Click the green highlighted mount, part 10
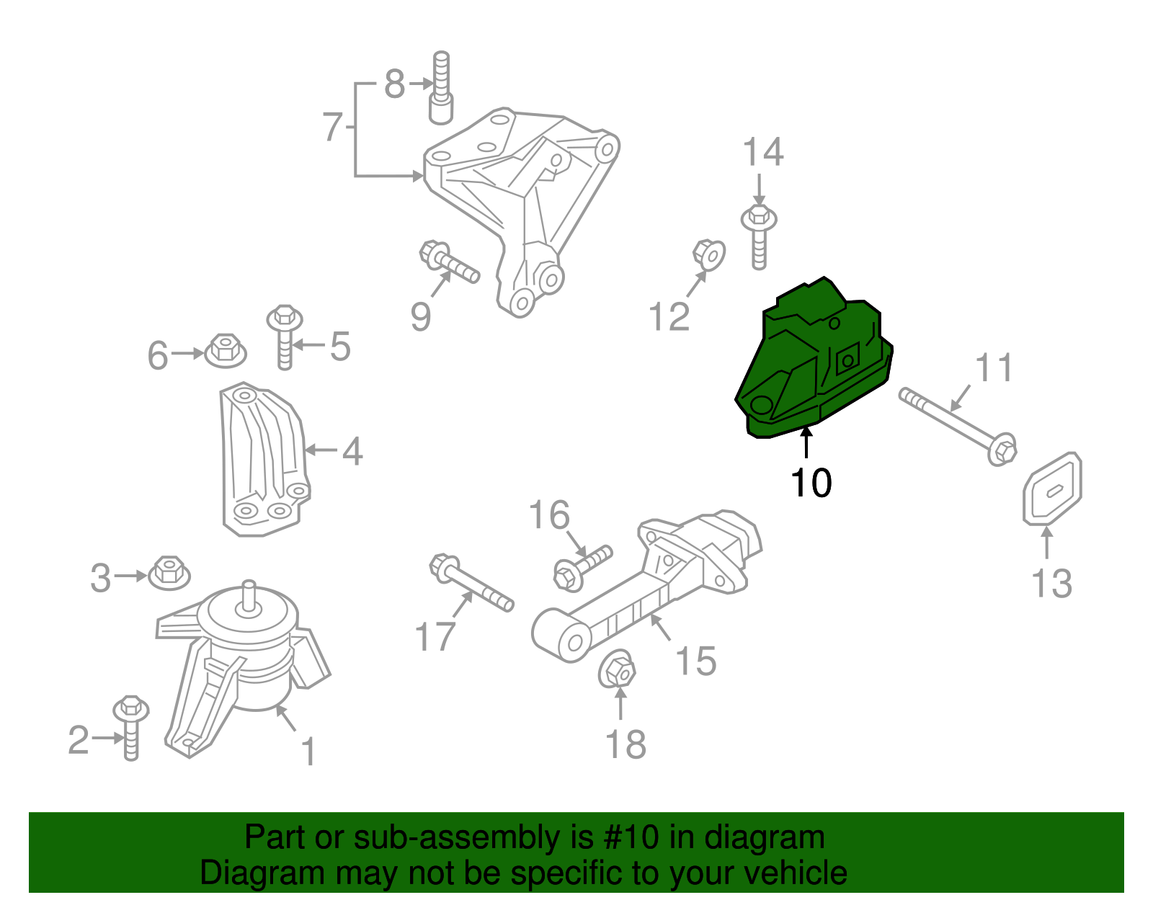[x=814, y=360]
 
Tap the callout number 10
[x=811, y=483]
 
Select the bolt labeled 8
[x=441, y=90]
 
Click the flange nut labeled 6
[x=226, y=352]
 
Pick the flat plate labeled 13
[x=1052, y=489]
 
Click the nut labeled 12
[x=709, y=254]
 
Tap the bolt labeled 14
[x=759, y=234]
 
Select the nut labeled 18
[x=618, y=671]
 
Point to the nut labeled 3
[x=169, y=574]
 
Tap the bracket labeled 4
[x=263, y=461]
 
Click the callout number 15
[x=695, y=661]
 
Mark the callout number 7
[x=331, y=128]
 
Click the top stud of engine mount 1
[x=249, y=594]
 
